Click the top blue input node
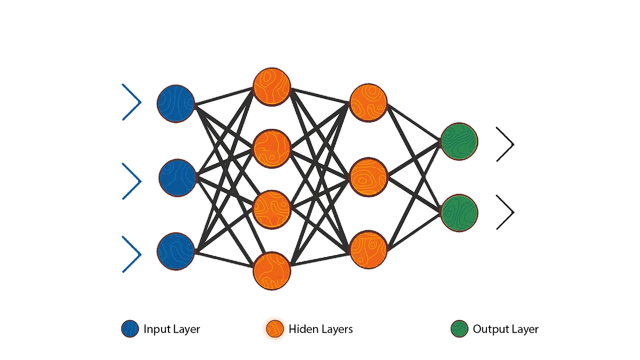[176, 103]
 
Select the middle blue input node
[178, 177]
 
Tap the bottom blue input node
[176, 250]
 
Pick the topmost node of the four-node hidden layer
[272, 86]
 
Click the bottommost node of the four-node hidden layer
[272, 271]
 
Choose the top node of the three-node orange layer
[368, 102]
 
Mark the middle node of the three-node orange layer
[368, 176]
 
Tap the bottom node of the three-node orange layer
[368, 250]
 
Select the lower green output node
[460, 213]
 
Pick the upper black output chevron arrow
[505, 144]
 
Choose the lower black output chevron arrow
[505, 212]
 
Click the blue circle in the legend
[130, 329]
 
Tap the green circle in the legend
[459, 329]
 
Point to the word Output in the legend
[490, 330]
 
